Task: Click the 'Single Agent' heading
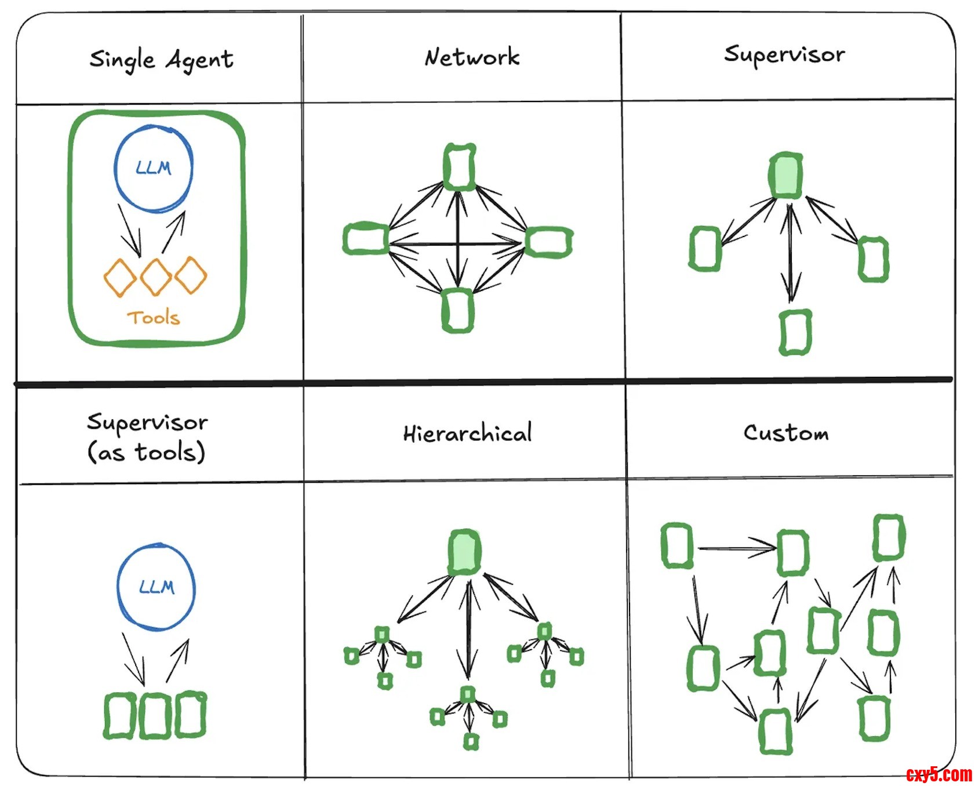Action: (161, 60)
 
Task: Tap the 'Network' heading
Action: (472, 57)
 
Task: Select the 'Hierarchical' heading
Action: (467, 434)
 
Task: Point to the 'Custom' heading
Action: (786, 432)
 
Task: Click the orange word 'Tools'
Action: (154, 318)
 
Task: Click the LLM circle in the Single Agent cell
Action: (154, 168)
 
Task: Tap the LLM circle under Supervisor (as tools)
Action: (157, 587)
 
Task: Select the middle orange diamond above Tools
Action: (155, 276)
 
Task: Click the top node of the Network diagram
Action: (459, 166)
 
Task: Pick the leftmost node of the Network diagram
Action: (365, 238)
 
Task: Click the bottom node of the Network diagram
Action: (458, 311)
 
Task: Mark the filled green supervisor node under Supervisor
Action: (786, 176)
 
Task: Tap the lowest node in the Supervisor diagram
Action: (795, 332)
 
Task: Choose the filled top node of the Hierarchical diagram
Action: (464, 552)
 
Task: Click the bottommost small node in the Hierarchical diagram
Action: (471, 741)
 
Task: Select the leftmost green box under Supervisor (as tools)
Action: (120, 715)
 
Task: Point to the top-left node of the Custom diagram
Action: (676, 545)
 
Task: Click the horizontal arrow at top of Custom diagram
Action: (736, 547)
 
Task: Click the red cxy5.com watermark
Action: (939, 774)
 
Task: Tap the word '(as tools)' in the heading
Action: (146, 452)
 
